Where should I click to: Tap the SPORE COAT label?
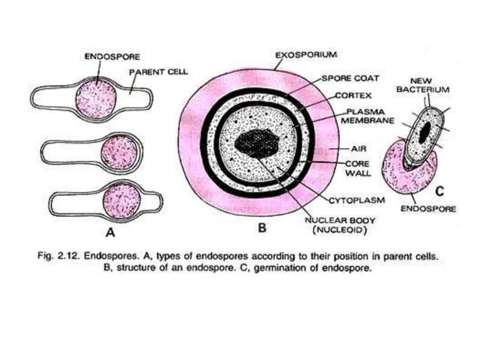tap(350, 78)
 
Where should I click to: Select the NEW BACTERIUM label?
tap(429, 84)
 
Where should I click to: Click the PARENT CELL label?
tap(158, 72)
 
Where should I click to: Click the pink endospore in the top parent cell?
tap(97, 99)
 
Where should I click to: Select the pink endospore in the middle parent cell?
tap(119, 151)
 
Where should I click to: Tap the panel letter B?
tap(261, 226)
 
